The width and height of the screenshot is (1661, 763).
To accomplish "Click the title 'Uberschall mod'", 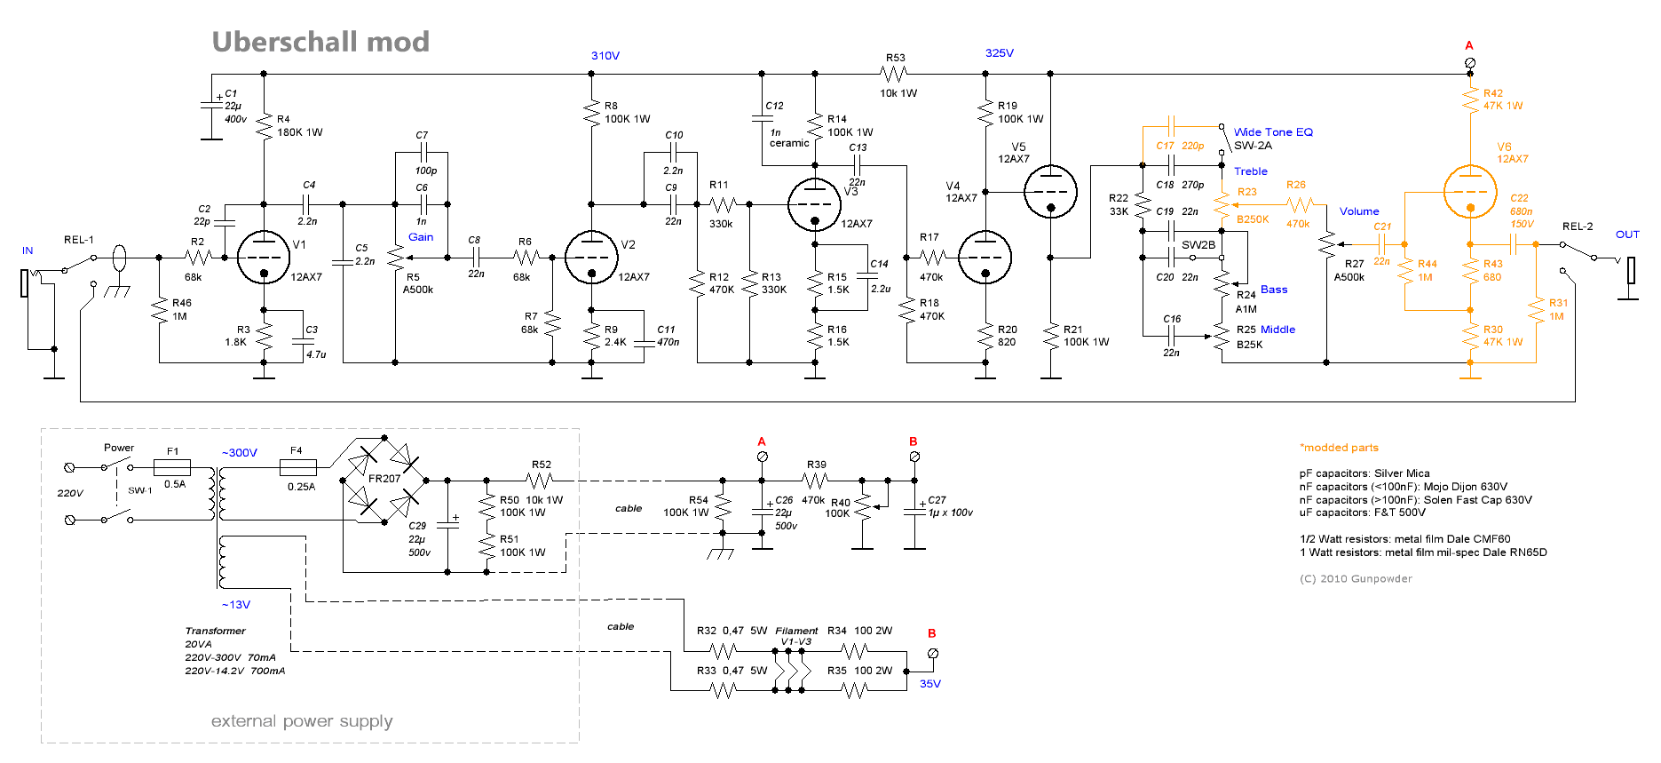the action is coord(320,42).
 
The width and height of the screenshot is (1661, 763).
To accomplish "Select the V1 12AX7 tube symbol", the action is coord(264,258).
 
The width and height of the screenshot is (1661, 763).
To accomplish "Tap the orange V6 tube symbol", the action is coord(1470,192).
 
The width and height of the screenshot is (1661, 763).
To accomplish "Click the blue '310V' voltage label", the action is coord(605,56).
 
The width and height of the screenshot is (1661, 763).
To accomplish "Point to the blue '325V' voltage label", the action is coord(1000,53).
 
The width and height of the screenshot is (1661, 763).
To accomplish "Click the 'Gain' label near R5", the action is coord(421,237).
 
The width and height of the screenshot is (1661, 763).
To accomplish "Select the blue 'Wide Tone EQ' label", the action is coord(1273,132).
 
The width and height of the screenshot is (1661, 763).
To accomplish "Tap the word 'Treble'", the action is coord(1251,171).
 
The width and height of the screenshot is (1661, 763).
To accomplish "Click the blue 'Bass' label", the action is coord(1274,290).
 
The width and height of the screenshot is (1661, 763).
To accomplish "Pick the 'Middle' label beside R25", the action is coord(1277,330).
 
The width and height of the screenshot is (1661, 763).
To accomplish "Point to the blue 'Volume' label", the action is coord(1359,211).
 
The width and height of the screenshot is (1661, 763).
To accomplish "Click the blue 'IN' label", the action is coord(28,251).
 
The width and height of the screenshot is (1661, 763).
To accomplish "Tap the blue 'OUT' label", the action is coord(1627,234).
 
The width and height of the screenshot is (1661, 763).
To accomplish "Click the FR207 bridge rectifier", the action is coord(384,480).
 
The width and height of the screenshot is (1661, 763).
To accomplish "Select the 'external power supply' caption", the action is coord(302,721).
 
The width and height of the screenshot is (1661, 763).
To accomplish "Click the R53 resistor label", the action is coord(895,58).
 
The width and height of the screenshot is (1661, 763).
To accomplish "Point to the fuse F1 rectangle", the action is coord(172,467).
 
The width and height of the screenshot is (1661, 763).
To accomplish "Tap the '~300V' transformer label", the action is coord(240,453).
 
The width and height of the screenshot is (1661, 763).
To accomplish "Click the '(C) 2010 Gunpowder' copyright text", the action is coord(1356,579).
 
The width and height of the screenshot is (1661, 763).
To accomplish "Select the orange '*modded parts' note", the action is coord(1339,448).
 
